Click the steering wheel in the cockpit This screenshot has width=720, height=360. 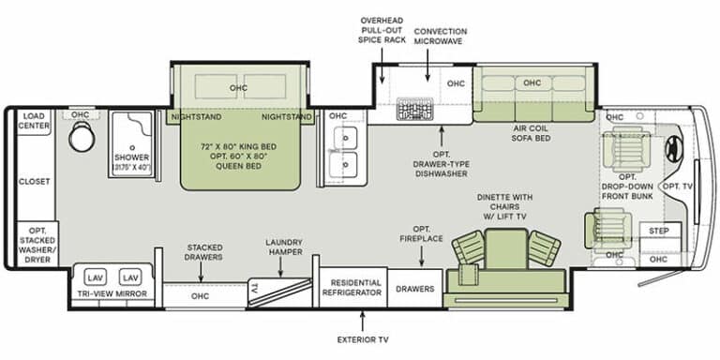(674, 149)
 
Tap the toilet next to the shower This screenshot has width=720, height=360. (82, 136)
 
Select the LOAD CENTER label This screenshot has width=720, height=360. (34, 121)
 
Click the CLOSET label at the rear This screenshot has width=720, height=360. (35, 181)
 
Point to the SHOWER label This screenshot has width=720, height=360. (132, 157)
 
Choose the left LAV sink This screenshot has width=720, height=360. (96, 277)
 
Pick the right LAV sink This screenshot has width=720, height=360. (130, 277)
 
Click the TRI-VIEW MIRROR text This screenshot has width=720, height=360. (112, 293)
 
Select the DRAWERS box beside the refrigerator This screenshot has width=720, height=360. (415, 289)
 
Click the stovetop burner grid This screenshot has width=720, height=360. (415, 109)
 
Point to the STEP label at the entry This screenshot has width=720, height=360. (659, 231)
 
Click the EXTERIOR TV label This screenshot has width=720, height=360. (363, 339)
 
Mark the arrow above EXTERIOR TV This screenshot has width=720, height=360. (362, 322)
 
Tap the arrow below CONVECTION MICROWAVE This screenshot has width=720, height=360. (427, 66)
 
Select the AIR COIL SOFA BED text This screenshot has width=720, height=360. (531, 133)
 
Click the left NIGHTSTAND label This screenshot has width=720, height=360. (196, 117)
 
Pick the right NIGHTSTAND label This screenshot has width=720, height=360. (287, 117)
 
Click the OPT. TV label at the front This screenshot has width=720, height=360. (677, 186)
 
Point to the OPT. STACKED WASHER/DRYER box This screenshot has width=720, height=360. (37, 245)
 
